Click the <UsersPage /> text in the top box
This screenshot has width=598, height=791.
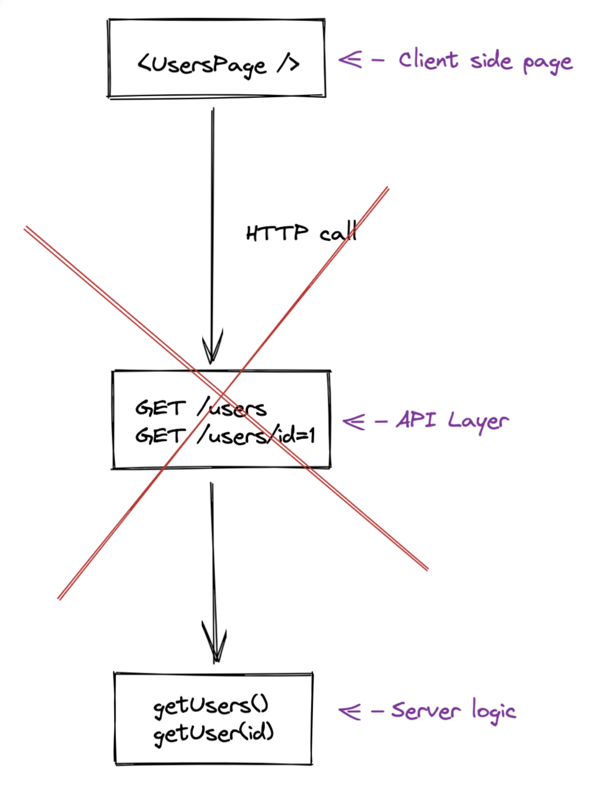218,65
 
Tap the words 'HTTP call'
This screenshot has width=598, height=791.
301,232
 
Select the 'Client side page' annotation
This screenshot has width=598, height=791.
485,62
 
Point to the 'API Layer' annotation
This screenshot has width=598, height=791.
453,421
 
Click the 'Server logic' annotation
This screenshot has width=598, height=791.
454,710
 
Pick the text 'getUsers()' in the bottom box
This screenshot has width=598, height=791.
211,706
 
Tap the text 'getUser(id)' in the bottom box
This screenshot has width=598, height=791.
213,734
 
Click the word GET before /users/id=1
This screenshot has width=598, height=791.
161,435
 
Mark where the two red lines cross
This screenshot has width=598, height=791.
223,392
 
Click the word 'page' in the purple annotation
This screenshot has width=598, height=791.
548,64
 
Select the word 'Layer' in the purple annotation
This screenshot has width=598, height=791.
478,422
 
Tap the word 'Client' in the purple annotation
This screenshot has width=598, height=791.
428,59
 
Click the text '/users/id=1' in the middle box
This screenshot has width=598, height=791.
256,435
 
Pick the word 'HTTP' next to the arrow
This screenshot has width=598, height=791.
277,232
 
